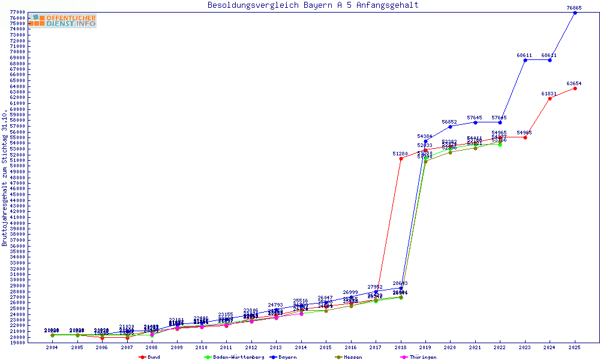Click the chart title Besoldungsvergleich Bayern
click(313, 5)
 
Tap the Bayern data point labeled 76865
click(575, 13)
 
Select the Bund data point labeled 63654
click(575, 88)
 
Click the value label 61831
click(549, 94)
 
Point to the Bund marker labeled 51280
click(401, 158)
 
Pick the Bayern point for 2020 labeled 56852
click(450, 127)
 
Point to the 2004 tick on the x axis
click(52, 347)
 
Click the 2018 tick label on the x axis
click(400, 347)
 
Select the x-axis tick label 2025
click(574, 347)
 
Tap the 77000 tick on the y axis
click(17, 13)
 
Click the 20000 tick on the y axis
click(17, 337)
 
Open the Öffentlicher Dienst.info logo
click(62, 20)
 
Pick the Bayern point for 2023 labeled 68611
click(525, 60)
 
